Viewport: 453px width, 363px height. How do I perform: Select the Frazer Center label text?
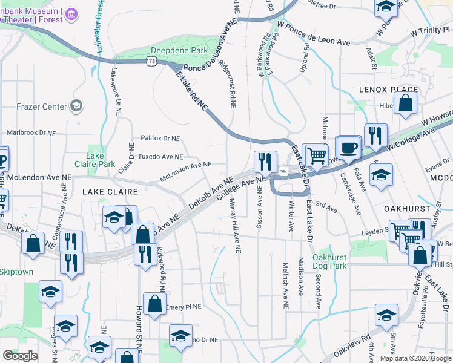pyautogui.click(x=41, y=106)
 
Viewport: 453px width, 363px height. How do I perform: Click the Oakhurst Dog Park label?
pyautogui.click(x=329, y=261)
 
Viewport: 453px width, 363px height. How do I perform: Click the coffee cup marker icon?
pyautogui.click(x=348, y=148)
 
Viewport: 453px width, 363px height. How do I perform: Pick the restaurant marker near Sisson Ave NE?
pyautogui.click(x=265, y=162)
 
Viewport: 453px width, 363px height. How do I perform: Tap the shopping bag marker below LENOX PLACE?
pyautogui.click(x=406, y=103)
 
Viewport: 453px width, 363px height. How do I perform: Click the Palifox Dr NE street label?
pyautogui.click(x=160, y=139)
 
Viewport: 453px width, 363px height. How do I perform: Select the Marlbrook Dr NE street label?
pyautogui.click(x=31, y=132)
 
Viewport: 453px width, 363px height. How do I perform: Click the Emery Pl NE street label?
pyautogui.click(x=182, y=307)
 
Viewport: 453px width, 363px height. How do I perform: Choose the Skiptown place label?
pyautogui.click(x=16, y=272)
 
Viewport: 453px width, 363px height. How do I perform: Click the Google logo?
pyautogui.click(x=20, y=356)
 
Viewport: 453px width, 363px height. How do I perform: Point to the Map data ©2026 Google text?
pyautogui.click(x=415, y=358)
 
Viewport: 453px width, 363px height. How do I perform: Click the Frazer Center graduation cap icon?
pyautogui.click(x=76, y=106)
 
